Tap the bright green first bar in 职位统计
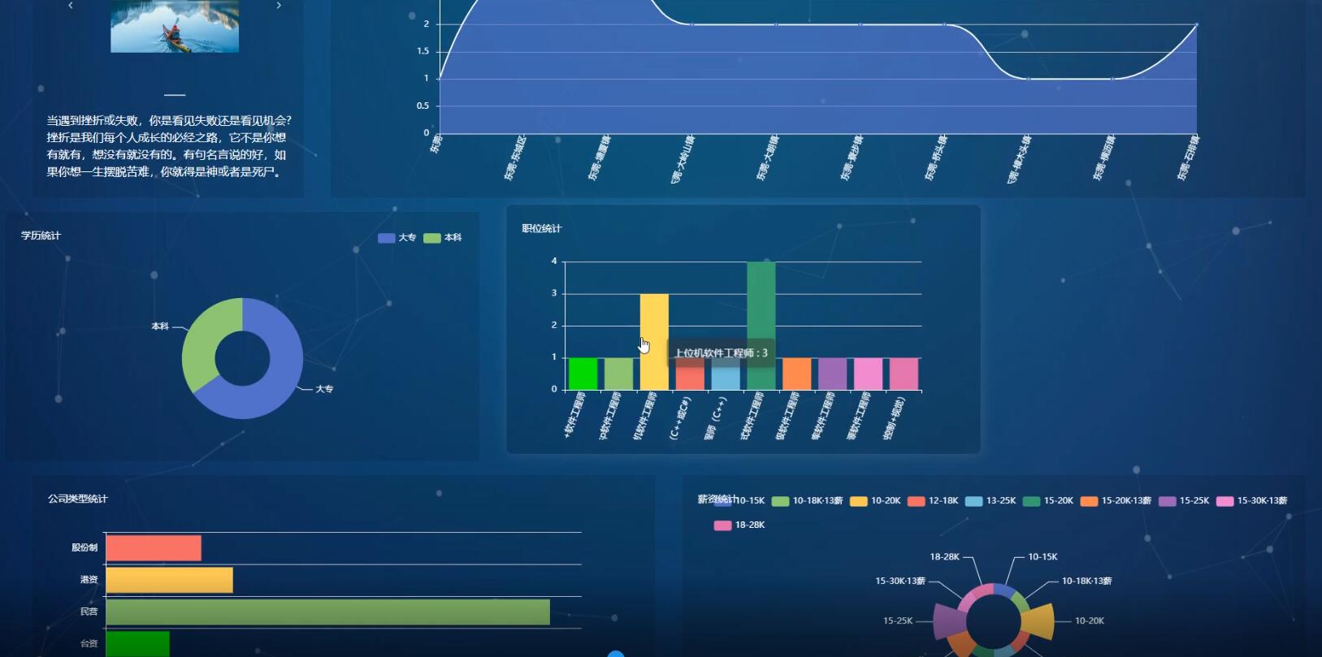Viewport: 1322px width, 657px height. click(583, 374)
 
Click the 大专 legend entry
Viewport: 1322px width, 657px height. click(397, 238)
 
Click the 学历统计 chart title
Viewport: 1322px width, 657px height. click(41, 236)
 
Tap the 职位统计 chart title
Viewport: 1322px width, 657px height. click(542, 229)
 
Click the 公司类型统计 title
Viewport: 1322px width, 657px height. click(77, 499)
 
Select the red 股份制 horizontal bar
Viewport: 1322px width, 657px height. click(154, 548)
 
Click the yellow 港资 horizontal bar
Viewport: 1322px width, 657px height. click(169, 580)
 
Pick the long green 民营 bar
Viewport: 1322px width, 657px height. click(327, 612)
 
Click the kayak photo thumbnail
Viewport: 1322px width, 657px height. click(175, 27)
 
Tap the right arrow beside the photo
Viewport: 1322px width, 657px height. click(279, 6)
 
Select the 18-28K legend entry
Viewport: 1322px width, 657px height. click(739, 525)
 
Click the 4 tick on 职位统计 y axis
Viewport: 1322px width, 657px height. click(554, 262)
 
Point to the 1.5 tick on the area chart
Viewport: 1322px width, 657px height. click(423, 51)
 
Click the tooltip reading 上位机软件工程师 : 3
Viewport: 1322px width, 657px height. click(721, 353)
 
